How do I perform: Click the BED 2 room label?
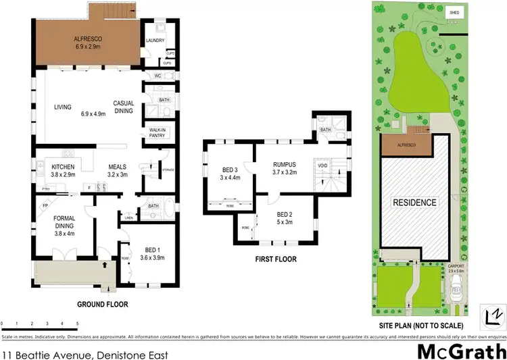tap(285, 217)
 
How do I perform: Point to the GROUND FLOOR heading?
tap(103, 305)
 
